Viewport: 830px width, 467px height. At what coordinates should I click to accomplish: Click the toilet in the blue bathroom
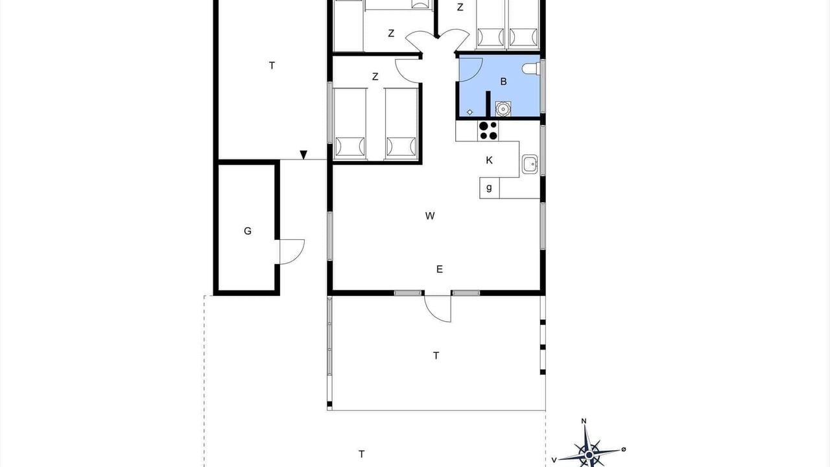tap(531, 69)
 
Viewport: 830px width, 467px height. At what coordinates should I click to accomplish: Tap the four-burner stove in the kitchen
tap(488, 131)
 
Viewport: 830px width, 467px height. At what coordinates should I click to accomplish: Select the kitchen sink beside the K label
tap(530, 164)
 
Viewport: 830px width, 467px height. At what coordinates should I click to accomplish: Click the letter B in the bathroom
tap(503, 82)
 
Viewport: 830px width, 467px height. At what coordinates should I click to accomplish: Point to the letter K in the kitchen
tap(489, 160)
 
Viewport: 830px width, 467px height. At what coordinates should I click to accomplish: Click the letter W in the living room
tap(430, 216)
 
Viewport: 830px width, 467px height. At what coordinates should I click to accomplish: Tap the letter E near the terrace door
tap(440, 269)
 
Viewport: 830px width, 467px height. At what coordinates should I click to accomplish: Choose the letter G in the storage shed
tap(248, 231)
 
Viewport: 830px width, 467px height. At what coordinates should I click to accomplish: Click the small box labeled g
tap(489, 188)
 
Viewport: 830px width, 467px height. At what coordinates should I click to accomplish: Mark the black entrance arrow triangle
tap(303, 154)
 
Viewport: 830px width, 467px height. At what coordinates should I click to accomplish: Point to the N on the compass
tap(584, 421)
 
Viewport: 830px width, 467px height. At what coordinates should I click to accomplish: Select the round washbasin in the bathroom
tap(503, 109)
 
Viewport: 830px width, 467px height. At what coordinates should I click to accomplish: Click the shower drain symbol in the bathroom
tap(469, 112)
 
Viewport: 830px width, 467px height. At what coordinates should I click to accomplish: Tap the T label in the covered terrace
tap(436, 356)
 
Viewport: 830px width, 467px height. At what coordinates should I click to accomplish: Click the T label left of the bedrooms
tap(272, 66)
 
